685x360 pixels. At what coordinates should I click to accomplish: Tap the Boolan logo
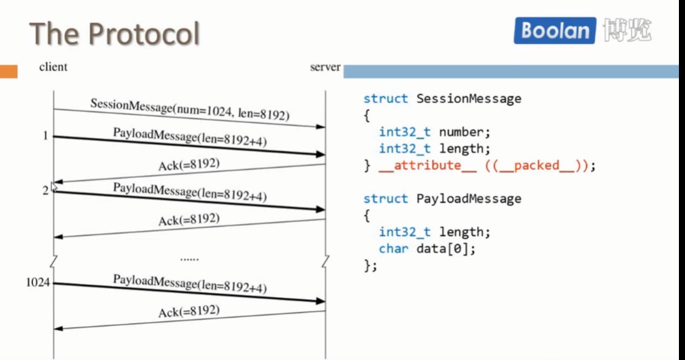click(x=555, y=31)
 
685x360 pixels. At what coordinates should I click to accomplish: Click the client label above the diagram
click(x=53, y=67)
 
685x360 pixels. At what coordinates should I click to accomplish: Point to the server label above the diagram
click(x=325, y=68)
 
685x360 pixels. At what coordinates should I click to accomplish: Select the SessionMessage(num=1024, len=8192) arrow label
click(x=190, y=110)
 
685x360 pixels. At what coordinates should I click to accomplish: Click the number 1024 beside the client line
click(x=38, y=282)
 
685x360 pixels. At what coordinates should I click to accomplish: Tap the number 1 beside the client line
click(x=45, y=136)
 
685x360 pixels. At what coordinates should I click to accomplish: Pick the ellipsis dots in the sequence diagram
click(x=189, y=258)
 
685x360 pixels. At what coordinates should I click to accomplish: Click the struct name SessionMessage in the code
click(x=469, y=99)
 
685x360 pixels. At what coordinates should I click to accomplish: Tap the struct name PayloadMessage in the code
click(x=469, y=199)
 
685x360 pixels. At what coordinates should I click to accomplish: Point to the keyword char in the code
click(x=394, y=249)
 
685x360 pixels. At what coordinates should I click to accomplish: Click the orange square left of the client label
click(x=9, y=71)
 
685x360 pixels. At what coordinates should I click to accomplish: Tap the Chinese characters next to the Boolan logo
click(x=628, y=30)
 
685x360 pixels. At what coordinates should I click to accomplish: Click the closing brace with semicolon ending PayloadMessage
click(x=370, y=265)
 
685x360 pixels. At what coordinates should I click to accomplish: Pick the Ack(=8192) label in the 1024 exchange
click(x=189, y=311)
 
